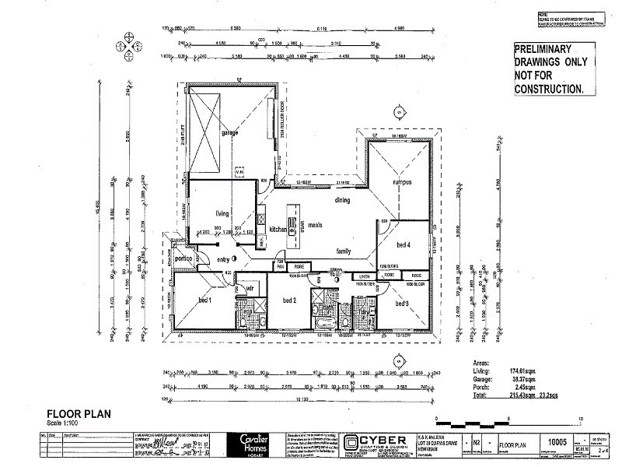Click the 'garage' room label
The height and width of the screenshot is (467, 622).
coord(229,133)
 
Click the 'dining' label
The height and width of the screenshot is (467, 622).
coord(343,200)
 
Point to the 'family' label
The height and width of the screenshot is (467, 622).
coord(343,251)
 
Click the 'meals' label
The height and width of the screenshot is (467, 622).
coord(315,226)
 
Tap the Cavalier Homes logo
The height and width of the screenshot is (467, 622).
coord(248,444)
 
